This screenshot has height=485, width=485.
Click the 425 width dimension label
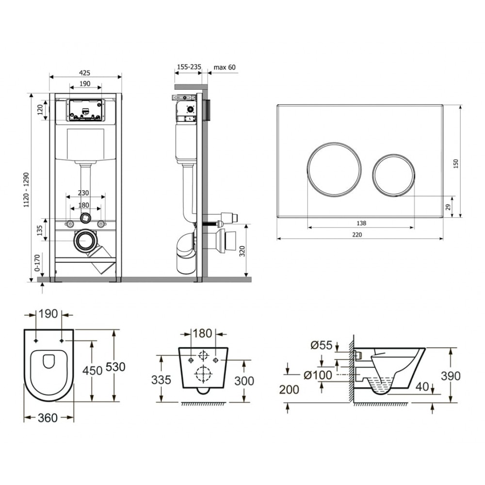click(x=85, y=73)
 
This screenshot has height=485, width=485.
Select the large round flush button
click(x=334, y=169)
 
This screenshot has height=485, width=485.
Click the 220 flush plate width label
click(x=357, y=235)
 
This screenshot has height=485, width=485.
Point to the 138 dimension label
click(x=361, y=223)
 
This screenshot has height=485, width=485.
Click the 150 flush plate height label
click(x=455, y=163)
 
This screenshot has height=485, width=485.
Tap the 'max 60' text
click(x=225, y=67)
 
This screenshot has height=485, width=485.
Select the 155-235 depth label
click(x=189, y=66)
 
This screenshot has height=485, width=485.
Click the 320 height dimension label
click(x=242, y=251)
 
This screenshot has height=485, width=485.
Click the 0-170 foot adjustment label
click(x=37, y=263)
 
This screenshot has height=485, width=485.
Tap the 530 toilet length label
click(x=116, y=367)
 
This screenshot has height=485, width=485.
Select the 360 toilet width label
click(x=48, y=418)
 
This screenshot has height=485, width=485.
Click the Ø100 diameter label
click(x=318, y=375)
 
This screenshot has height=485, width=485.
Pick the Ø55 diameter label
click(x=322, y=345)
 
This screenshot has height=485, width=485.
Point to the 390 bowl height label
click(x=451, y=376)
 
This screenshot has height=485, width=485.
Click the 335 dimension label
click(x=161, y=380)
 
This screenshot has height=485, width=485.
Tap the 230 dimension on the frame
click(x=83, y=193)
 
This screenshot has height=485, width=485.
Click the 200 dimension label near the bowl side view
click(x=289, y=390)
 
